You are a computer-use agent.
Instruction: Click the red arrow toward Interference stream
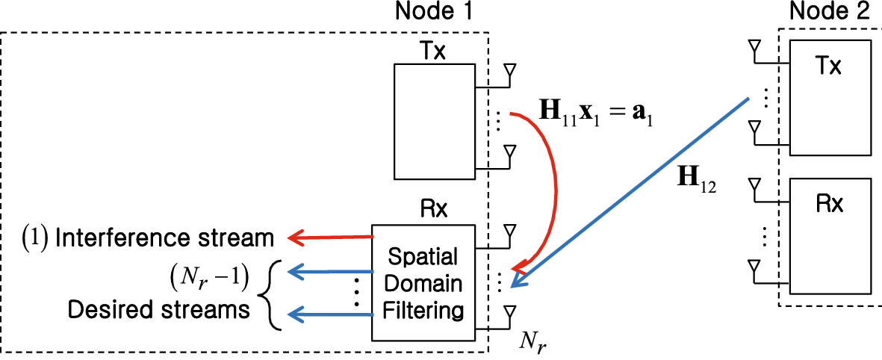click(x=329, y=238)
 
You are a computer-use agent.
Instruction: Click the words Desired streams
click(x=158, y=309)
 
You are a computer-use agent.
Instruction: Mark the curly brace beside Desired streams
click(x=271, y=295)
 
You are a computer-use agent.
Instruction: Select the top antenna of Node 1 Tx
click(x=510, y=72)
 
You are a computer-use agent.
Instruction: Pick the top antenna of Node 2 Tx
click(x=753, y=49)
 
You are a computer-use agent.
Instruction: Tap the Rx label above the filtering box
click(x=434, y=209)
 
